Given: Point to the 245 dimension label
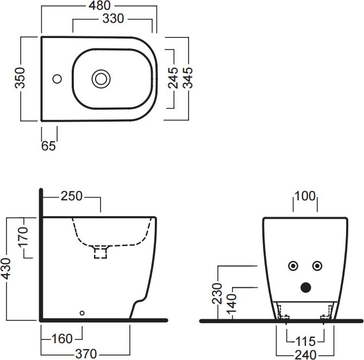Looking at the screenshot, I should click(x=173, y=78).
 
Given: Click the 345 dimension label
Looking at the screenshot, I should click(x=189, y=78).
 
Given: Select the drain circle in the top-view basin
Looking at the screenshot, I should click(x=101, y=79).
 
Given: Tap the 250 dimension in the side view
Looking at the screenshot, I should click(x=72, y=196).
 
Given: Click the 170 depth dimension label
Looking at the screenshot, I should click(x=21, y=237).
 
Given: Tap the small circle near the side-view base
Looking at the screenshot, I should click(x=82, y=313).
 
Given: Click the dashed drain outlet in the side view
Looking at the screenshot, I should click(x=101, y=252).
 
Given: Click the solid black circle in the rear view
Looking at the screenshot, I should click(x=305, y=286).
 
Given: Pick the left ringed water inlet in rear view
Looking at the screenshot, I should click(x=293, y=266).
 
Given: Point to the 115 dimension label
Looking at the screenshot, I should click(x=305, y=342).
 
